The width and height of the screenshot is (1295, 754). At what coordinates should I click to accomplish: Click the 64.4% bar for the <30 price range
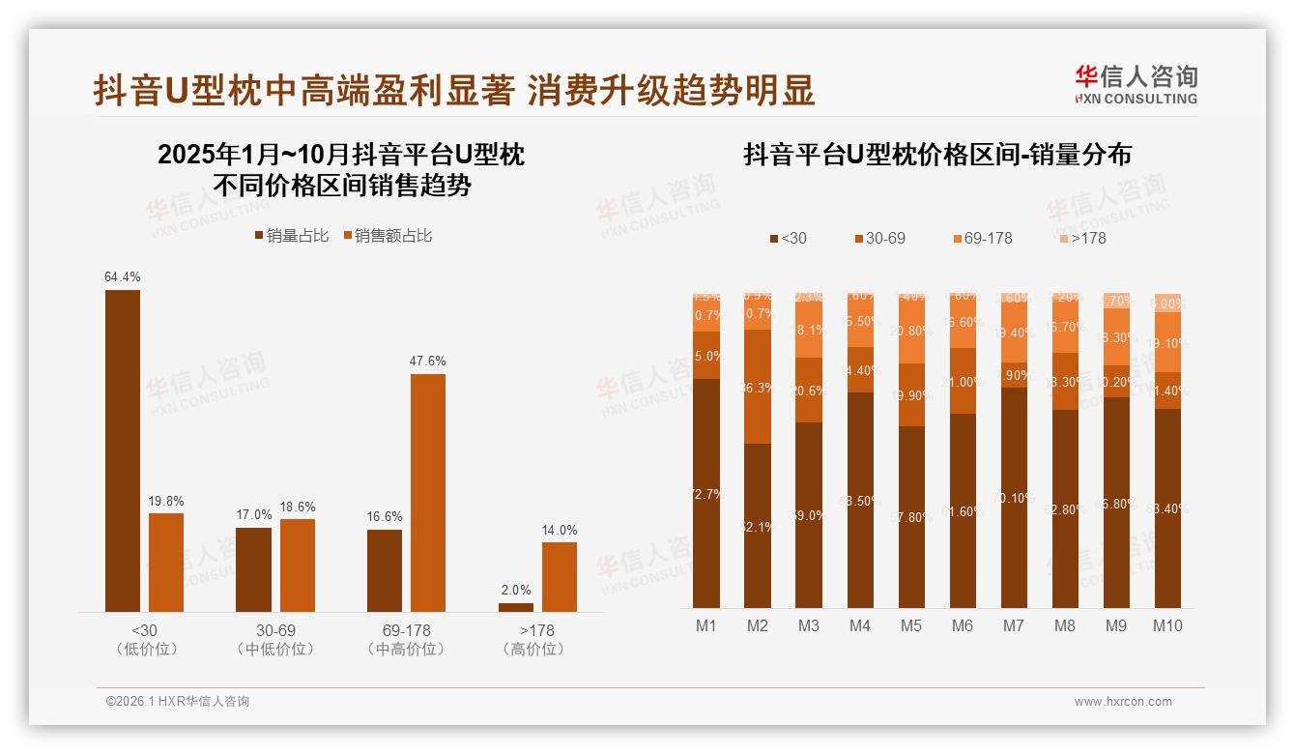123,450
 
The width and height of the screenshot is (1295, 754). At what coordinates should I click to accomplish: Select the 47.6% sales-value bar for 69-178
428,492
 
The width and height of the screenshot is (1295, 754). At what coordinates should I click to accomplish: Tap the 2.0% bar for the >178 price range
516,607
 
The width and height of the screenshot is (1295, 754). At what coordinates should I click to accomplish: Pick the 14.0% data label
560,530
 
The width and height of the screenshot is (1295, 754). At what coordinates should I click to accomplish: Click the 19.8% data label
166,501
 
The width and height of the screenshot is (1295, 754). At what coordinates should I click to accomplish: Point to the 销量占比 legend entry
291,236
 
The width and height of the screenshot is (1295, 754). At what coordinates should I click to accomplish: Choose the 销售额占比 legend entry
388,236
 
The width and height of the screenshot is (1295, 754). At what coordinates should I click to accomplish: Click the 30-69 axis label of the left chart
275,630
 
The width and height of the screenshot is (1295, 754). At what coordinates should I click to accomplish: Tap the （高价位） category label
532,650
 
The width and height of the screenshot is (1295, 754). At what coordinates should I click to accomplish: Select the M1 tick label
706,625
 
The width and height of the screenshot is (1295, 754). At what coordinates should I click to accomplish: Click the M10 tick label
1167,625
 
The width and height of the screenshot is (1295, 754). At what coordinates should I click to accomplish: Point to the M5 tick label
911,625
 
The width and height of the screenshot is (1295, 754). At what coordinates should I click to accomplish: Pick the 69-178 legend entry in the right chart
982,238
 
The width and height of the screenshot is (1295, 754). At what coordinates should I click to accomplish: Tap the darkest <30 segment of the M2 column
758,525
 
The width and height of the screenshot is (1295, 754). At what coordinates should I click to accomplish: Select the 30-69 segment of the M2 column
758,387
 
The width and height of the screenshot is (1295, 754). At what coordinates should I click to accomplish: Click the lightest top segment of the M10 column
1167,302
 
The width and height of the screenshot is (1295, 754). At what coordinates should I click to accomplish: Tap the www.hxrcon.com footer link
1123,702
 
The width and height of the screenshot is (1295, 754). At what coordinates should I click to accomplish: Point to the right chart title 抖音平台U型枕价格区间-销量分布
936,155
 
